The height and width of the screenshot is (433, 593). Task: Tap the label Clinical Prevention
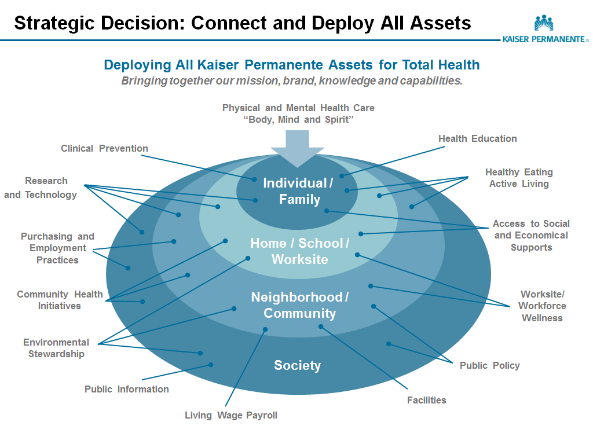[x=104, y=149]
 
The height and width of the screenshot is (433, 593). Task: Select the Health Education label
[x=477, y=139]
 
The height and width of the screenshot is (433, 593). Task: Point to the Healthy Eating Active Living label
[x=519, y=178]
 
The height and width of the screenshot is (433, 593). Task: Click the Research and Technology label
[x=41, y=188]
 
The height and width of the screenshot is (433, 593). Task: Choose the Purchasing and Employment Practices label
[x=57, y=248]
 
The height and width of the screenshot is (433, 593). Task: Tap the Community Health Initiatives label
[x=60, y=300]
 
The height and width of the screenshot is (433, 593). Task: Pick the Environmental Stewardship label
[x=56, y=348]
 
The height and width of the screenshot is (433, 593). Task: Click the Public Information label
[x=126, y=390]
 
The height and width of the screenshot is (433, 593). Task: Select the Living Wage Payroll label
[x=230, y=415]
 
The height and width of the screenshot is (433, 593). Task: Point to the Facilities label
[x=426, y=400]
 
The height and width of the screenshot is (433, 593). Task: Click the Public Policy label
[x=489, y=366]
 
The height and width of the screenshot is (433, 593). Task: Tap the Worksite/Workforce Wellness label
[x=542, y=306]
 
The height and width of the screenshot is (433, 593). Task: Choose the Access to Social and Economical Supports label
[x=531, y=236]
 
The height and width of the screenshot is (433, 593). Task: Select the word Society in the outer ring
[x=297, y=366]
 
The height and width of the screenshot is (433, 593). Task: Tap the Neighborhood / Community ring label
[x=299, y=305]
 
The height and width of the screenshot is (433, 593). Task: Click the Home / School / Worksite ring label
[x=299, y=251]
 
